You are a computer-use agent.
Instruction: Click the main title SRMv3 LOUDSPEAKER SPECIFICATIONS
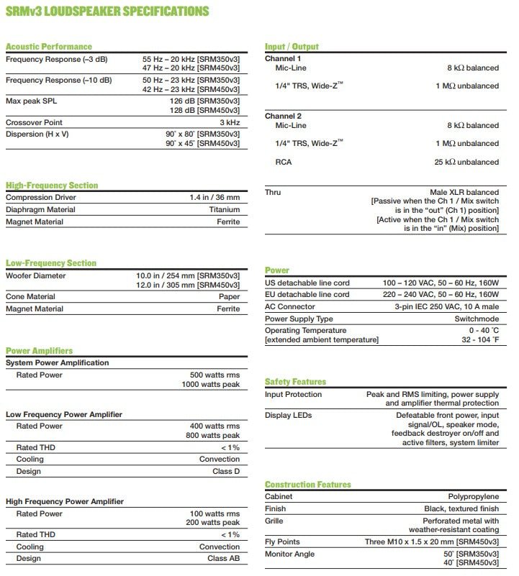[x=108, y=12]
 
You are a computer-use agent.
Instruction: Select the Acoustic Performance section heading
[x=48, y=47]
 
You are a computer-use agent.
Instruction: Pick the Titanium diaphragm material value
[x=224, y=210]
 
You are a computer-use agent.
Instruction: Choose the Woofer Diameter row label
[x=35, y=275]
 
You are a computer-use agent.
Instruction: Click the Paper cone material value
[x=230, y=296]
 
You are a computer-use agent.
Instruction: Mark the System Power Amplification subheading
[x=57, y=363]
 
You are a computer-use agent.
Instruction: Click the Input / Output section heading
[x=292, y=47]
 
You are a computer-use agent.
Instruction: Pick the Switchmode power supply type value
[x=477, y=319]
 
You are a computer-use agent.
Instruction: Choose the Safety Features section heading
[x=295, y=382]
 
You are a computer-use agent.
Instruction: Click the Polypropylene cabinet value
[x=473, y=497]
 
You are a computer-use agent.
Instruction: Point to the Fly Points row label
[x=282, y=541]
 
